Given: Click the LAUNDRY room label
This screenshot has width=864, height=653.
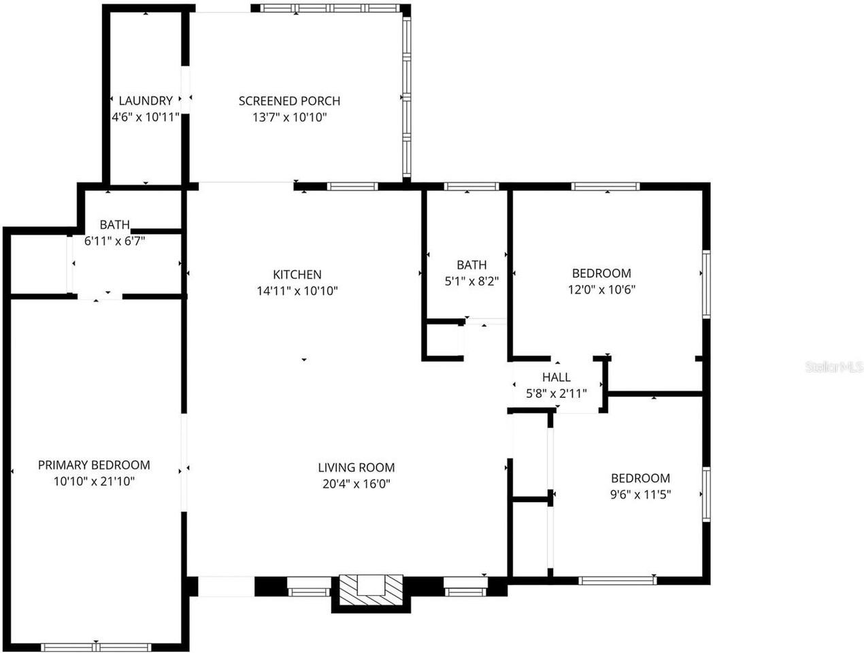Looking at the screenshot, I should pyautogui.click(x=146, y=101).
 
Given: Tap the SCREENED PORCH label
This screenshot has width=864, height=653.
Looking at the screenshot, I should pyautogui.click(x=289, y=101).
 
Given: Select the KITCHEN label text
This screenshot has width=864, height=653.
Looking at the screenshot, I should pyautogui.click(x=297, y=275).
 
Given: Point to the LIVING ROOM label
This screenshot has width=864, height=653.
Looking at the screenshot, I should pyautogui.click(x=356, y=467).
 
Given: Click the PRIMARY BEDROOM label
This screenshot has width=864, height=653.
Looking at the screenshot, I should pyautogui.click(x=94, y=465).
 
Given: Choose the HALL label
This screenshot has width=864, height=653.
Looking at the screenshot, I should pyautogui.click(x=556, y=378).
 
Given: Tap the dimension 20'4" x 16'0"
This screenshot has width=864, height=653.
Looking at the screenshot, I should pyautogui.click(x=356, y=484).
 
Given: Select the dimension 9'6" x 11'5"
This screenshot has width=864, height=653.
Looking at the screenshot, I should pyautogui.click(x=640, y=495).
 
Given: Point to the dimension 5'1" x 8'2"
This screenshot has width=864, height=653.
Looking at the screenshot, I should pyautogui.click(x=471, y=282).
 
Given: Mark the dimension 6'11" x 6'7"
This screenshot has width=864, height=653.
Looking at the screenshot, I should pyautogui.click(x=114, y=241).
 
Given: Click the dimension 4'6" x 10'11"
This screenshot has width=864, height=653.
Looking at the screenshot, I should pyautogui.click(x=146, y=117).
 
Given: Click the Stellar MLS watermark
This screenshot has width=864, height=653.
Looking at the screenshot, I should pyautogui.click(x=834, y=367).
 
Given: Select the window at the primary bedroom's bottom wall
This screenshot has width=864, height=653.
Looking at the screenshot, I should pyautogui.click(x=95, y=646).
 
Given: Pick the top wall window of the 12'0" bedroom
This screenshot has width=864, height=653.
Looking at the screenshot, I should pyautogui.click(x=605, y=186).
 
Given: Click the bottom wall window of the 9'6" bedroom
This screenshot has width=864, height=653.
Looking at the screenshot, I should pyautogui.click(x=618, y=580).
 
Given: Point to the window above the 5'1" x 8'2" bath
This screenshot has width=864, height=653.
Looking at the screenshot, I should pyautogui.click(x=471, y=186).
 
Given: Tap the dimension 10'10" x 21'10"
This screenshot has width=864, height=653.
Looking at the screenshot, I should pyautogui.click(x=94, y=482).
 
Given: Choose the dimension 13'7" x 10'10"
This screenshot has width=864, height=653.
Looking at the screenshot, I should pyautogui.click(x=289, y=117).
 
